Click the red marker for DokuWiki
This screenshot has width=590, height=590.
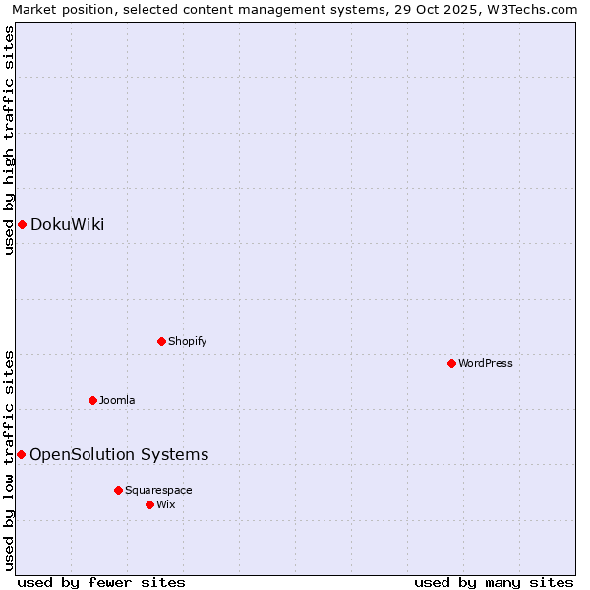point(22,225)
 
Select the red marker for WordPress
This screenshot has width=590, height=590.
point(451,364)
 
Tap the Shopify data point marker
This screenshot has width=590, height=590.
point(161,342)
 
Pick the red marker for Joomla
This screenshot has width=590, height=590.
point(92,400)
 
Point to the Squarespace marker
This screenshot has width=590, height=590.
point(118,490)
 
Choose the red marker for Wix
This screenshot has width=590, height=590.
point(149,504)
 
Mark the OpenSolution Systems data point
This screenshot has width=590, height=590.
point(21,454)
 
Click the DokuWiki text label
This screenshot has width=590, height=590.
point(67,225)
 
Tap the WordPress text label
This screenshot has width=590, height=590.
point(486,364)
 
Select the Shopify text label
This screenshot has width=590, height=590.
point(187,342)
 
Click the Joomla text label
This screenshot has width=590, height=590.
point(117,401)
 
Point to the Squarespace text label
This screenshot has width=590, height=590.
point(158,491)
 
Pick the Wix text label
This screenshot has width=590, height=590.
point(165,505)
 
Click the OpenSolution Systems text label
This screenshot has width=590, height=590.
point(119,455)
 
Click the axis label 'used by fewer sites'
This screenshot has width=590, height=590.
point(101,582)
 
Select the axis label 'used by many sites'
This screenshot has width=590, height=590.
point(494,582)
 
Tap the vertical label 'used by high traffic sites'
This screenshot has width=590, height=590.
point(9,140)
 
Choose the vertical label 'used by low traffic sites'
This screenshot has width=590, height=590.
point(9,459)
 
